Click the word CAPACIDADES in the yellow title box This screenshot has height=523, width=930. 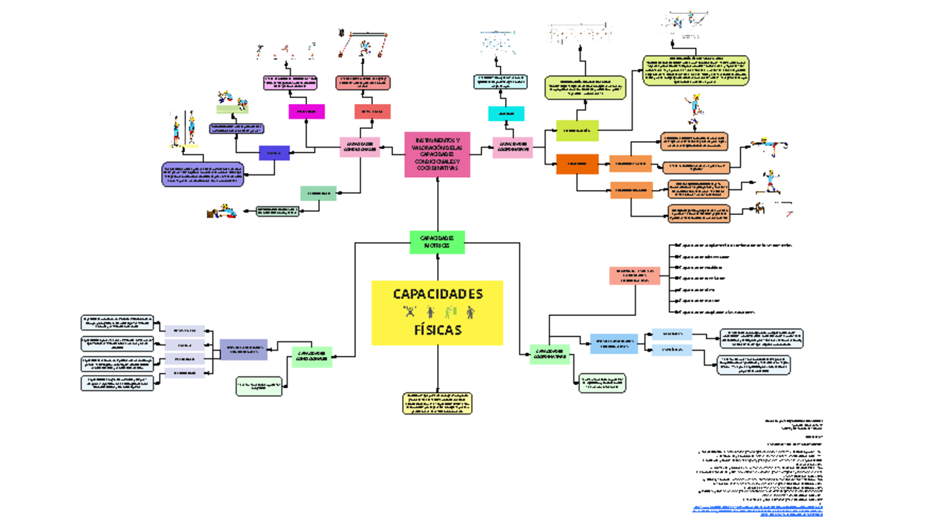(437, 294)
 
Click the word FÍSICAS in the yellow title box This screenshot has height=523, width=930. (437, 330)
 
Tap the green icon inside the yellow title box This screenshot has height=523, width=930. (449, 313)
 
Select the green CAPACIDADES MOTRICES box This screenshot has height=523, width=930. (437, 242)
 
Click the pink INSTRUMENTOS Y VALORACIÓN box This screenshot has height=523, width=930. (437, 154)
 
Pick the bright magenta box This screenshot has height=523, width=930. (306, 112)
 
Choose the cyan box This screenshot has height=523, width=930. (506, 113)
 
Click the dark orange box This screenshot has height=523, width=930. (577, 164)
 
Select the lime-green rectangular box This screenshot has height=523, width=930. (577, 130)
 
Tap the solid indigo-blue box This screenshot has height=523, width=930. (274, 154)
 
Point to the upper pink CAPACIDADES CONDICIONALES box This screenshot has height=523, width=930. (360, 147)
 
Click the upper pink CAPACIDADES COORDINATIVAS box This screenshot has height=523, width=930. (512, 147)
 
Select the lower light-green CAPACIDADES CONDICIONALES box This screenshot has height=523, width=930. (312, 357)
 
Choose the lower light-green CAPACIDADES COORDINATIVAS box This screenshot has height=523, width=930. (549, 355)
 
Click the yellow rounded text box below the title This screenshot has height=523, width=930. (437, 404)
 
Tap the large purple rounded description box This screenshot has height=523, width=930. (202, 174)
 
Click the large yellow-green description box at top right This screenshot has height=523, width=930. (695, 71)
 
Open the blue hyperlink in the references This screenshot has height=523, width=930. (757, 511)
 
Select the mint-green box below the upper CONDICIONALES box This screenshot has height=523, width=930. (318, 193)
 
